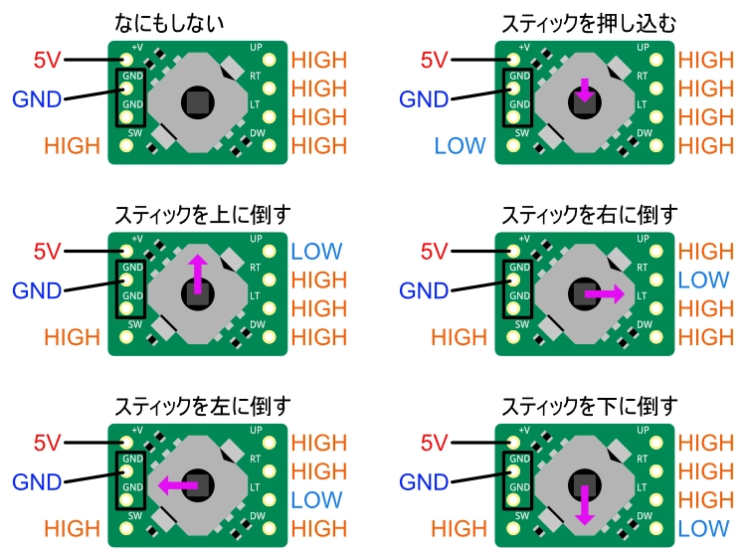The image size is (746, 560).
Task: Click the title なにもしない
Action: pos(197,21)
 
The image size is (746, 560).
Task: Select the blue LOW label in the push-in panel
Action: pos(459,146)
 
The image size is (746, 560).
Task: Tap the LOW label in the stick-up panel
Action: pos(317,252)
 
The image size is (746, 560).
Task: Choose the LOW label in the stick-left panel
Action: pos(317,499)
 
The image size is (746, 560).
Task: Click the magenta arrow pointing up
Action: pos(197,275)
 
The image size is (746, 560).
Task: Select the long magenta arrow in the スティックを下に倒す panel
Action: pos(584,505)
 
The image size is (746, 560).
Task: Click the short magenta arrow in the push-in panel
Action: pos(584,91)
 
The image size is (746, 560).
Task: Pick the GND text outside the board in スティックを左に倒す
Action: pos(37,482)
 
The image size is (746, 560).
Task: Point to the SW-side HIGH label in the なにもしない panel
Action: pos(72,146)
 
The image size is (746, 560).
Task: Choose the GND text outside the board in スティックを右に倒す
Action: pos(425,291)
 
